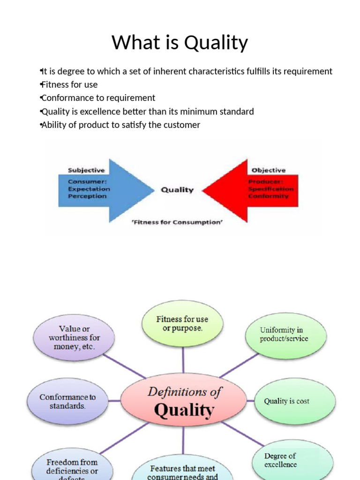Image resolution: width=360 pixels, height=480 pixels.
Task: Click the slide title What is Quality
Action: click(x=180, y=43)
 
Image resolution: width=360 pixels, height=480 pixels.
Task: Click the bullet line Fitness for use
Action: click(x=69, y=85)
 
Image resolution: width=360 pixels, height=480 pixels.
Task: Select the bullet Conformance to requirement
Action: click(x=98, y=98)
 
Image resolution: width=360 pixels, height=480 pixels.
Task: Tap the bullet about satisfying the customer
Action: click(x=120, y=125)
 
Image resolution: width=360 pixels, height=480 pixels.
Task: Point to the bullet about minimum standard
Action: click(x=147, y=112)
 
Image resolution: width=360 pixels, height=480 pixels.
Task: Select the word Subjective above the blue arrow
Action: click(x=86, y=170)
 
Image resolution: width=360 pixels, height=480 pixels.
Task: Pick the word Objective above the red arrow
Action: click(x=268, y=170)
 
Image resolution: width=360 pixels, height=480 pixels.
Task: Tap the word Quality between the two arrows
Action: click(x=177, y=190)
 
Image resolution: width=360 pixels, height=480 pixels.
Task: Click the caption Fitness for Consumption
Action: click(x=177, y=222)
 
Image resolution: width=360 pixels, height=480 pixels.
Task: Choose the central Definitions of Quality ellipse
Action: click(x=183, y=402)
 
